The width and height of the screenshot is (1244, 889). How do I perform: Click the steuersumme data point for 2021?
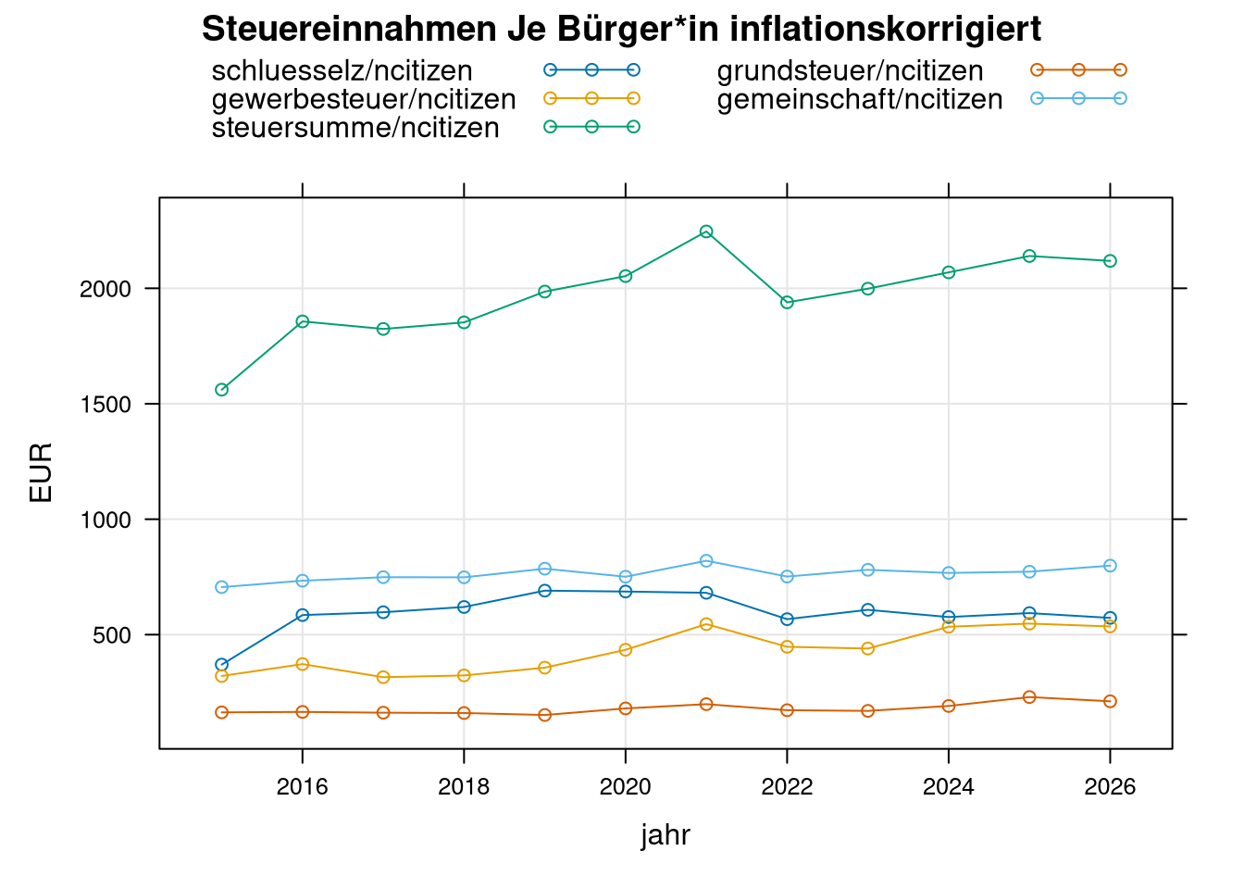pos(706,232)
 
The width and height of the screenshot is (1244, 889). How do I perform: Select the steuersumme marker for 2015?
pos(222,390)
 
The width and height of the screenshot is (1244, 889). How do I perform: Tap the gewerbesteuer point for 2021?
pos(706,624)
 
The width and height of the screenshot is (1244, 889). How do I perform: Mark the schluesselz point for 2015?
pos(222,665)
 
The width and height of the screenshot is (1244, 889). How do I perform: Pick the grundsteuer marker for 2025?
pos(1029,697)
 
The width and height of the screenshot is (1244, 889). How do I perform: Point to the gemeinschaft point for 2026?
pos(1110,566)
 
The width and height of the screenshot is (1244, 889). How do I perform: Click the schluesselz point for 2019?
pos(545,591)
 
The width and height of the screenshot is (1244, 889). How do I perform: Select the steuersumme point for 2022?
pos(787,302)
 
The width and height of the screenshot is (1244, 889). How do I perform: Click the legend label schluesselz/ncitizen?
pos(342,71)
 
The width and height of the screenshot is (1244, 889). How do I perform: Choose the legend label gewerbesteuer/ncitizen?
pos(364,99)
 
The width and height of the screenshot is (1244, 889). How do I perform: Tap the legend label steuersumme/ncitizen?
pos(355,128)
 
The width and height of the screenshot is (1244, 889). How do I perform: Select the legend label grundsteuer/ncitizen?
pos(850,71)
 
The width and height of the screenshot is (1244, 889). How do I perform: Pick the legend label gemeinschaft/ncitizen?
pos(860,99)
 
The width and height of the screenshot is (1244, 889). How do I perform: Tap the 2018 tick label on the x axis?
pos(464,787)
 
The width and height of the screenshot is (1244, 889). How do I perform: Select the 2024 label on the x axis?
pos(949,787)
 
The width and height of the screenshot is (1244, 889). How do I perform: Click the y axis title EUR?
pos(42,473)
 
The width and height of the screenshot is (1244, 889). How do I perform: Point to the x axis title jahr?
pos(666,835)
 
